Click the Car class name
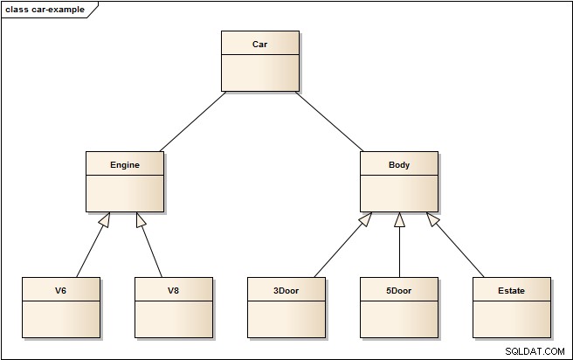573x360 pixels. (259, 45)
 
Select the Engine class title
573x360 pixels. (125, 165)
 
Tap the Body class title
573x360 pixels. (399, 165)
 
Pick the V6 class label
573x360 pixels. (60, 291)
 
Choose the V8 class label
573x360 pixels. (173, 291)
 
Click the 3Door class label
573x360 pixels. (286, 291)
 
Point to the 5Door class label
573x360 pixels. (398, 291)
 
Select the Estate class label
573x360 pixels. (511, 291)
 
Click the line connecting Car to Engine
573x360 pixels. (193, 121)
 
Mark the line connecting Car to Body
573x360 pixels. (329, 121)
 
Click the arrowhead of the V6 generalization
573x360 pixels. (105, 219)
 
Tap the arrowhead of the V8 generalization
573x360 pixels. (141, 219)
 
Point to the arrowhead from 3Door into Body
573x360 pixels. (365, 219)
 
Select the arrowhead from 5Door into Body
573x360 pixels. (399, 219)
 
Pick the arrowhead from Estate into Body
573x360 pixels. (433, 219)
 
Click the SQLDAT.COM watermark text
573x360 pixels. (535, 351)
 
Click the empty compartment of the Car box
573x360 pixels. (260, 73)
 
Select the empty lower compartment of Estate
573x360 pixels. (512, 319)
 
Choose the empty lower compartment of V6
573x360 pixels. (61, 319)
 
